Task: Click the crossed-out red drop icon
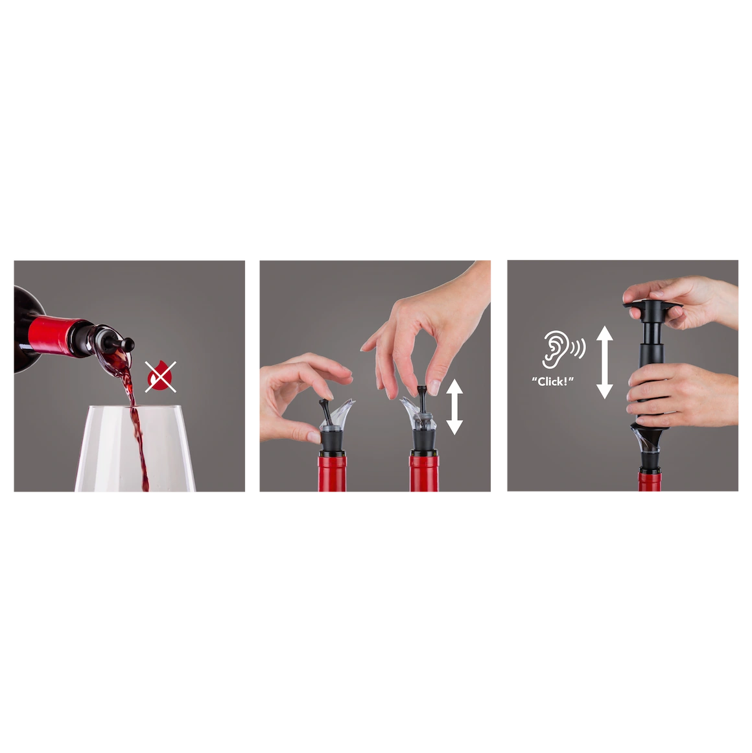160,376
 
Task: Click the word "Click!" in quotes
552,381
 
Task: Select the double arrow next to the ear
605,362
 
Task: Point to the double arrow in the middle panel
454,407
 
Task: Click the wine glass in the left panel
135,448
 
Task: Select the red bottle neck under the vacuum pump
650,481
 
